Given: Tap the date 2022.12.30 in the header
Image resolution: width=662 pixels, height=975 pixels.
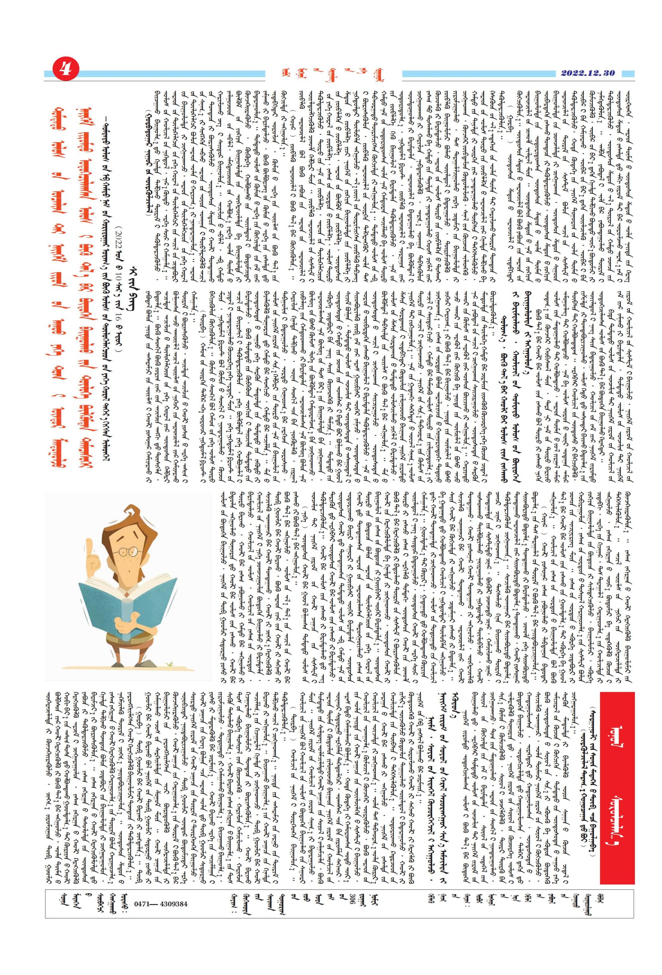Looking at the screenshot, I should coord(587,73).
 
